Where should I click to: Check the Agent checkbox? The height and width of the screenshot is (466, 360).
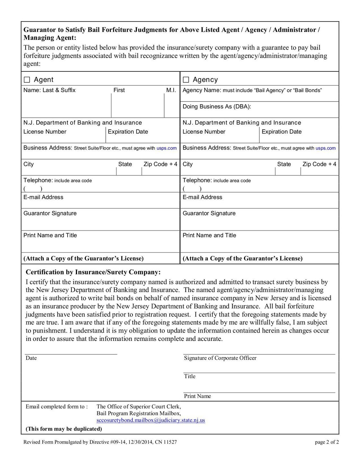[x=27, y=80]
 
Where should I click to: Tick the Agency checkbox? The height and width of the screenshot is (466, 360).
[x=186, y=80]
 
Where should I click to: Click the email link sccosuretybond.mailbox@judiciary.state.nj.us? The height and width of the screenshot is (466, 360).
[x=150, y=420]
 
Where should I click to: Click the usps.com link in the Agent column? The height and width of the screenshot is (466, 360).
[x=166, y=148]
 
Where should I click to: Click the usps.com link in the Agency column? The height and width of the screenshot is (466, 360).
[x=326, y=148]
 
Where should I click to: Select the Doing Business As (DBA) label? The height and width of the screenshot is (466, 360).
[x=217, y=106]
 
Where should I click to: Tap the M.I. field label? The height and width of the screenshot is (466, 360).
[x=171, y=90]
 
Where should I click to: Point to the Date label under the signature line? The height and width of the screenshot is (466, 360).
[x=31, y=358]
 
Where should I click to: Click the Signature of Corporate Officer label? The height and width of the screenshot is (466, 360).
[x=220, y=358]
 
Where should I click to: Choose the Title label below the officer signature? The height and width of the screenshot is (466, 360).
[x=190, y=376]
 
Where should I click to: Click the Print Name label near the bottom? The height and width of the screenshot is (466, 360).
[x=197, y=396]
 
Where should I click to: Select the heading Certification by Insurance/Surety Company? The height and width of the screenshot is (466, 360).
[x=93, y=272]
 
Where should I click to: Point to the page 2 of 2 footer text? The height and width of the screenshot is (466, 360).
[x=327, y=442]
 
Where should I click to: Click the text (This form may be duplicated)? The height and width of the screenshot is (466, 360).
[x=64, y=429]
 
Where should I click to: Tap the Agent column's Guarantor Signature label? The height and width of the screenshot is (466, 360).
[x=50, y=213]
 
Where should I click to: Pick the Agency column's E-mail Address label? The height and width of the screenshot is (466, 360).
[x=202, y=197]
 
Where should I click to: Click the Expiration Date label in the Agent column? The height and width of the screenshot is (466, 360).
[x=128, y=132]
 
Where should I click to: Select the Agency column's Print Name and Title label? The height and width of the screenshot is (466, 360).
[x=209, y=235]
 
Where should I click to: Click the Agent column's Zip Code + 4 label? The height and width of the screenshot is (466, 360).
[x=160, y=164]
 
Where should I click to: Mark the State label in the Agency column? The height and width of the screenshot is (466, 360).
[x=284, y=164]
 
